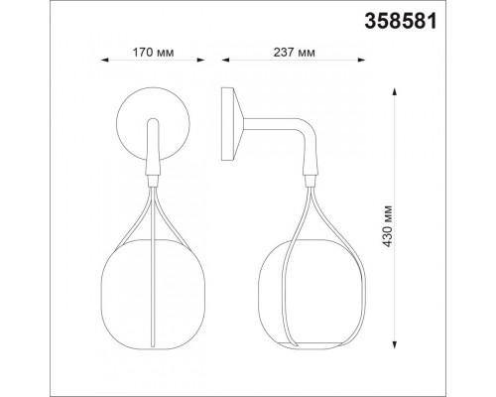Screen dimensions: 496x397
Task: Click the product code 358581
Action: click(401, 22)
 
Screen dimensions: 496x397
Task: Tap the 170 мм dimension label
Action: click(153, 53)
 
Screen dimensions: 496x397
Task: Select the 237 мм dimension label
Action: click(294, 53)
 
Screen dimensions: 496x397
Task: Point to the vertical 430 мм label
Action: click(387, 226)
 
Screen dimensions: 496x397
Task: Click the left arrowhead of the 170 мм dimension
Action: click(105, 60)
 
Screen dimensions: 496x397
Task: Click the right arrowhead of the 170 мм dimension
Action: click(200, 60)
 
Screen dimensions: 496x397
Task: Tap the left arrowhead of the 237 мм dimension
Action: click(226, 60)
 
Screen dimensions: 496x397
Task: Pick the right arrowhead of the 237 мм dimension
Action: click(361, 60)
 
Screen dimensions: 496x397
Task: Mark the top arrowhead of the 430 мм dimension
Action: click(394, 91)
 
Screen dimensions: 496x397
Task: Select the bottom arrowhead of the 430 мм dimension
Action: click(394, 343)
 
